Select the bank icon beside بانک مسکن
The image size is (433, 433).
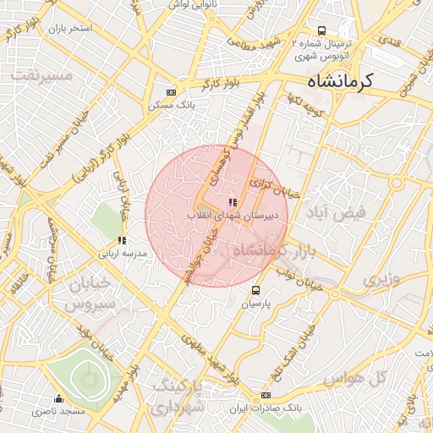pyautogui.click(x=172, y=92)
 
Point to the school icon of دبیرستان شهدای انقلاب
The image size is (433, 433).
pyautogui.click(x=233, y=203)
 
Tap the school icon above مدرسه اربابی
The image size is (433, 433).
pyautogui.click(x=123, y=241)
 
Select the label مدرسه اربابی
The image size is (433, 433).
pyautogui.click(x=123, y=254)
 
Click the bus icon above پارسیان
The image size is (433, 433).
pyautogui.click(x=256, y=291)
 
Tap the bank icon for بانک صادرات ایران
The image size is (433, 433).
pyautogui.click(x=266, y=395)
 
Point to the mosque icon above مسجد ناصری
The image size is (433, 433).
pyautogui.click(x=58, y=398)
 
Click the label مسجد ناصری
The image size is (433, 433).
pyautogui.click(x=53, y=411)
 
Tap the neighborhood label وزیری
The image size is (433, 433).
pyautogui.click(x=380, y=277)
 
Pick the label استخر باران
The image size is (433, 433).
pyautogui.click(x=69, y=29)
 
